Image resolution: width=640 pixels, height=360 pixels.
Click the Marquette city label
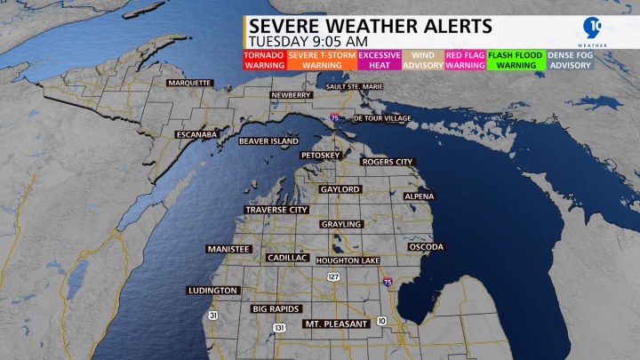(188, 83)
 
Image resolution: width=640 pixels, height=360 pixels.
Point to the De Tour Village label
(383, 118)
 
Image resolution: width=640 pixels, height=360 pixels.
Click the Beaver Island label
(268, 140)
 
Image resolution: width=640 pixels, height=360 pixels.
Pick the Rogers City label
(388, 162)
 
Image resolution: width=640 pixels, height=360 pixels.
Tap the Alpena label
(420, 196)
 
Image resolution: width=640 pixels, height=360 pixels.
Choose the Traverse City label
(276, 210)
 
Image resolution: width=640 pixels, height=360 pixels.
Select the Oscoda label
(426, 246)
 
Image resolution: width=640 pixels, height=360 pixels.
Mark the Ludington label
(213, 291)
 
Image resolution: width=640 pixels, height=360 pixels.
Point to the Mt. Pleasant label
(336, 324)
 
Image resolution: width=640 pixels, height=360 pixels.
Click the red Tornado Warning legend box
(263, 60)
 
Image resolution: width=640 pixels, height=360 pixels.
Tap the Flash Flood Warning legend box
(516, 60)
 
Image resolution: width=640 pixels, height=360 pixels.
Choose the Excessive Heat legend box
(379, 60)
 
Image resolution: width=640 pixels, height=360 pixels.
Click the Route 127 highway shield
(333, 277)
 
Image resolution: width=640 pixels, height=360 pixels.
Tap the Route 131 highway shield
(280, 328)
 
